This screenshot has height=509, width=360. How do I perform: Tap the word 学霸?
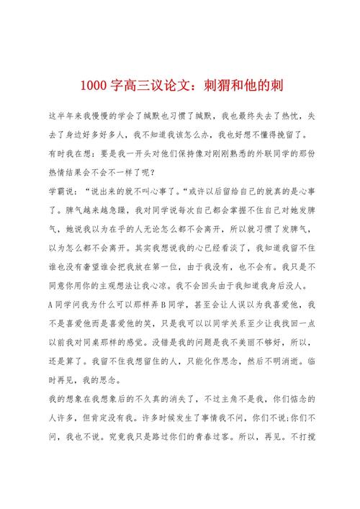point(58,191)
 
